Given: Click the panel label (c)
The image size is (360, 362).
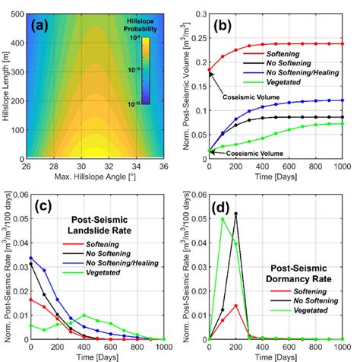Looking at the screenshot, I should click(40, 205).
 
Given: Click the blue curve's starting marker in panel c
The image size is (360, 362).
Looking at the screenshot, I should click(30, 257).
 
